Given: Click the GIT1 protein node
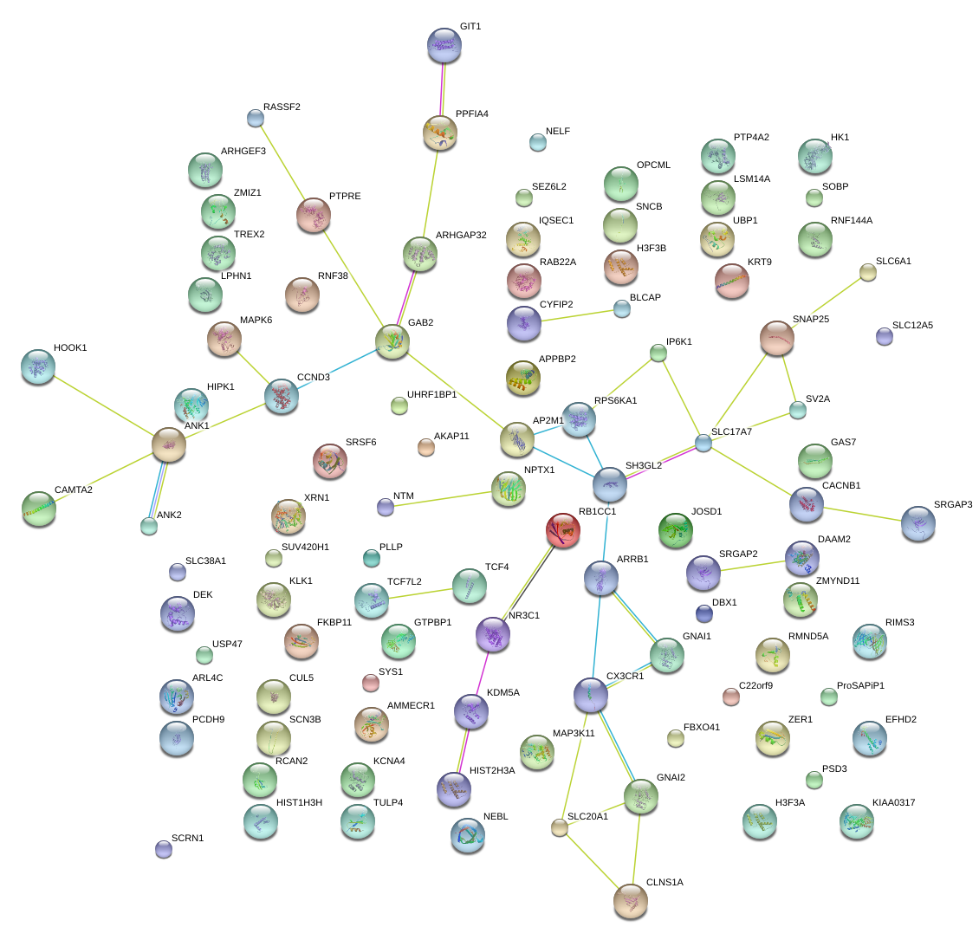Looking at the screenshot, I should pos(444,45).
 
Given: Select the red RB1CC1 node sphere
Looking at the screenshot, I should pos(563,530).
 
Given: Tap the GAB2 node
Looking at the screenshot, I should pos(392,342).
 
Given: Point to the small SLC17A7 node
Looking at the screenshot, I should pos(703,443).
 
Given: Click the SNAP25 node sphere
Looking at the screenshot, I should pos(777,338).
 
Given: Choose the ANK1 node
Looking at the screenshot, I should pos(169,444).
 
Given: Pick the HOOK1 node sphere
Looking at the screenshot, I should pos(38,366).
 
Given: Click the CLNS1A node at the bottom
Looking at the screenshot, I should pos(630,900).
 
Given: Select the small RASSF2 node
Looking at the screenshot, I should pos(255,117).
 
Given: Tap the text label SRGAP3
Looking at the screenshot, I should pos(953,504).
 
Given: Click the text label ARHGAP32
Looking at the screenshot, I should pos(461,235).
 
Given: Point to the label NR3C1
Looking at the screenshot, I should pos(524,616).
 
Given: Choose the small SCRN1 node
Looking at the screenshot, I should pos(163,849).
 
